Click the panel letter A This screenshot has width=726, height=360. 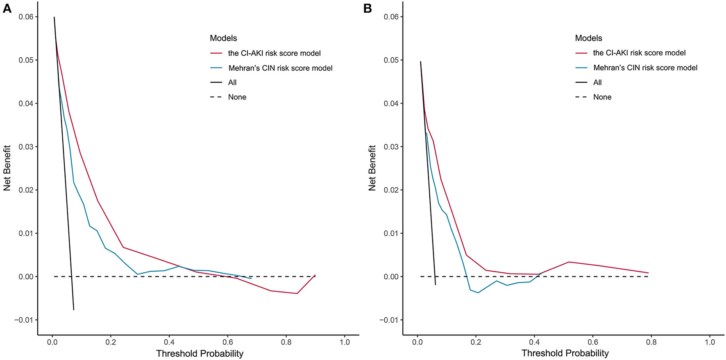coord(7,9)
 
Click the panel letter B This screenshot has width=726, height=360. coord(368,9)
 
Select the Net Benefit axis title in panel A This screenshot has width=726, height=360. coord(7,168)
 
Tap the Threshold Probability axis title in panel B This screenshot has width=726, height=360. coord(565,353)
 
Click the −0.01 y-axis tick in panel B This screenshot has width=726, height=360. coord(389,320)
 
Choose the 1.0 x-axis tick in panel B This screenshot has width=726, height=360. coord(710,342)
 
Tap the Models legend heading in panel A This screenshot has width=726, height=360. coord(223,38)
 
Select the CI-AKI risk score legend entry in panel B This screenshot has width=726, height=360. coord(639,53)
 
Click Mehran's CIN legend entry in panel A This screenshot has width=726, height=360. coord(280,68)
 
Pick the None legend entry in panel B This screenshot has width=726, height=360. coord(602,97)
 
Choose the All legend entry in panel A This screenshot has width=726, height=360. coord(232,82)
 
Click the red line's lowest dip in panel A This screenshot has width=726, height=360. coord(297,293)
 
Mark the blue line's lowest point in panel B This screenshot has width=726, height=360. coord(478,292)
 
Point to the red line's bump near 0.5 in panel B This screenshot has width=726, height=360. coord(569,262)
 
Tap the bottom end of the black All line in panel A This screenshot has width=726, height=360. coord(74,310)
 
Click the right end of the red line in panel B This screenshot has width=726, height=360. coord(648,273)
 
